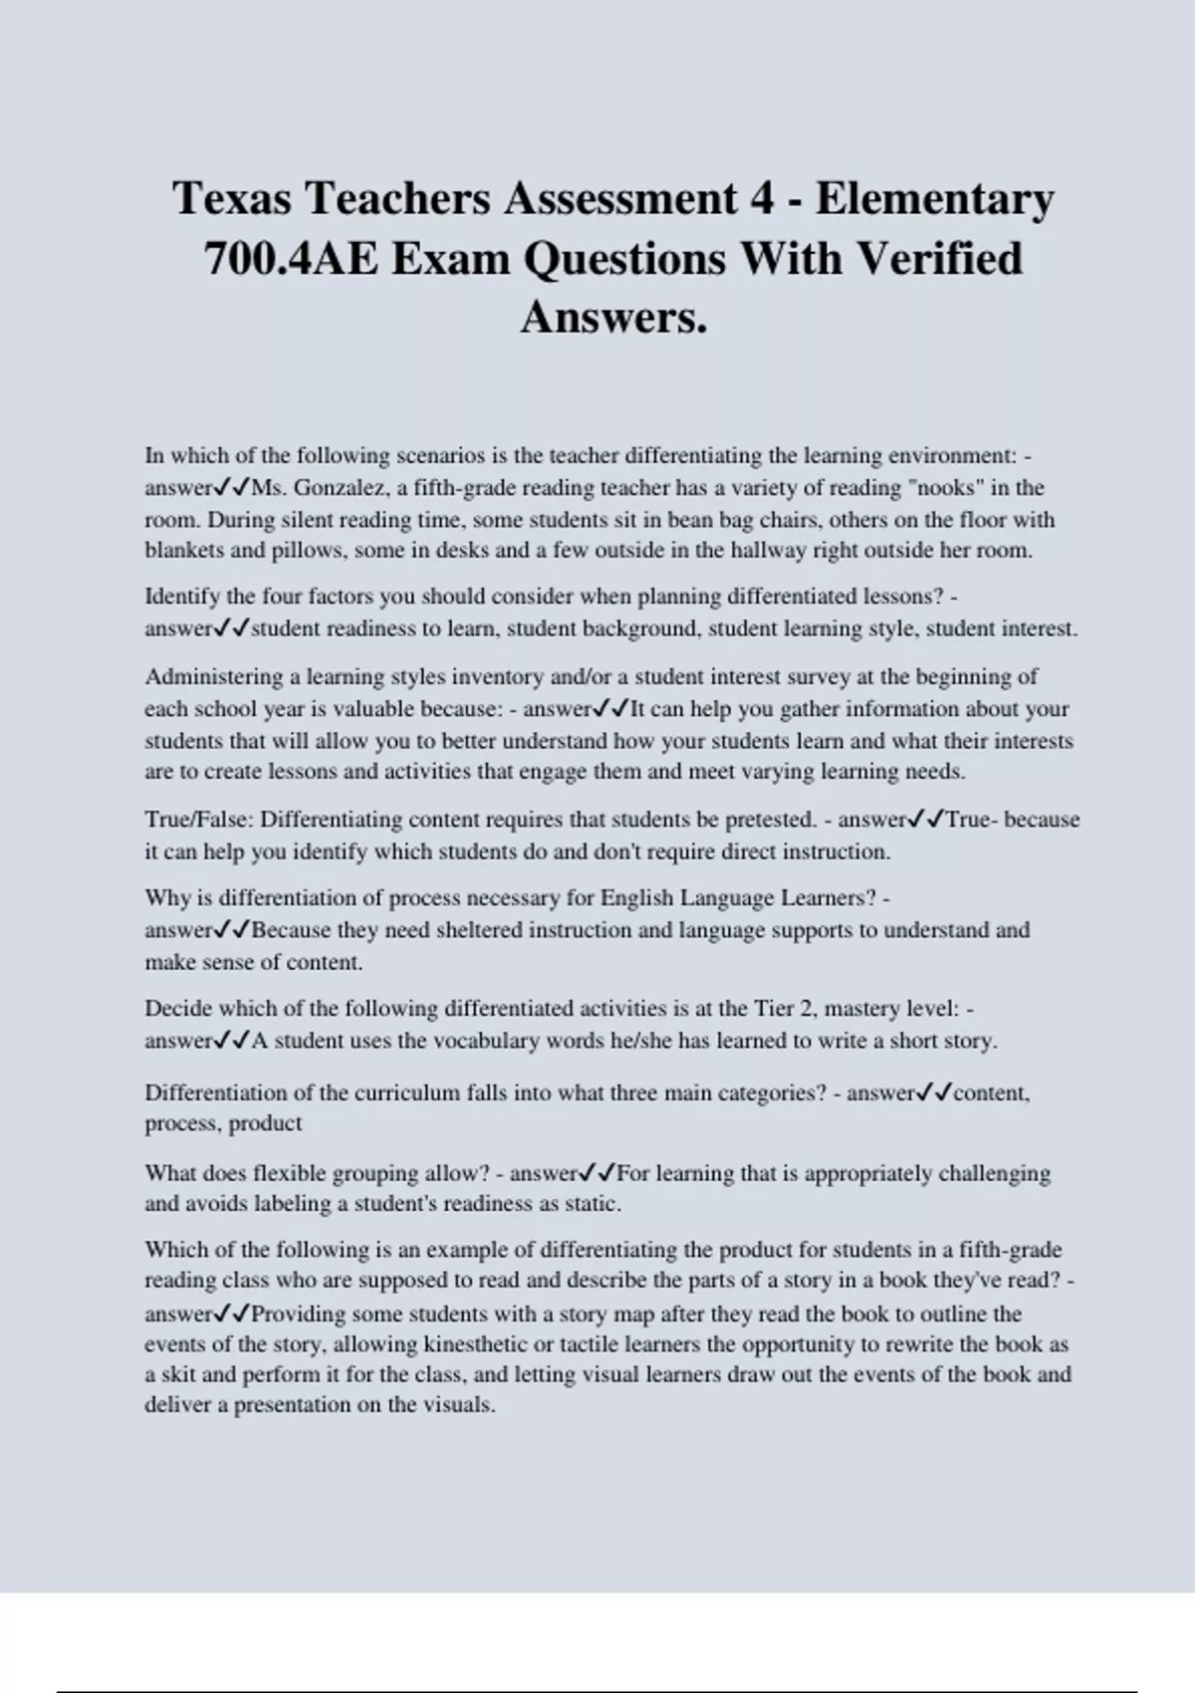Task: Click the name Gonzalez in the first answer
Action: click(x=339, y=488)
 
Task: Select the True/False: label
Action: click(x=198, y=820)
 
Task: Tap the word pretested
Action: click(x=769, y=820)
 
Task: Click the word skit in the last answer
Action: click(x=179, y=1375)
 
